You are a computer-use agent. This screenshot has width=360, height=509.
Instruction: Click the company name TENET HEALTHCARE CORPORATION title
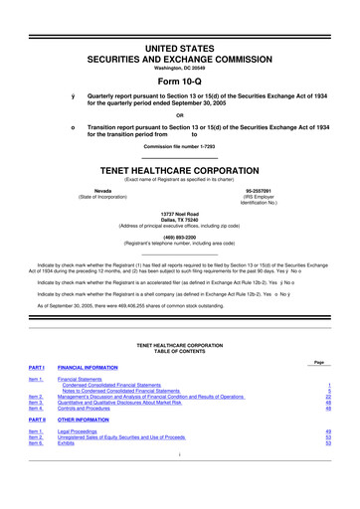tap(179, 169)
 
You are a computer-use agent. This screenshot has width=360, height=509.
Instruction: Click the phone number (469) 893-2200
tap(179, 238)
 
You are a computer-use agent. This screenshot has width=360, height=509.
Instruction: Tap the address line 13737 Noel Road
tap(179, 214)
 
